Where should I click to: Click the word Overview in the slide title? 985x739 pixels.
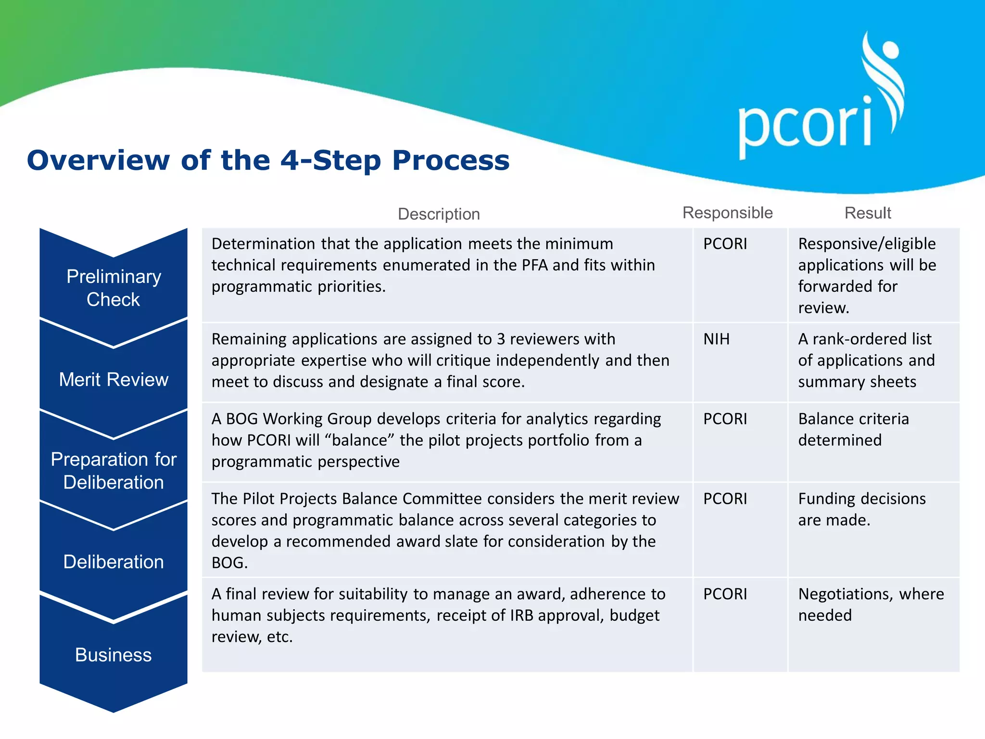98,160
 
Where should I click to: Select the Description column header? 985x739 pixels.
439,214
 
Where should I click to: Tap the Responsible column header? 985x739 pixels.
727,213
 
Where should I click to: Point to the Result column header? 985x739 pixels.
868,213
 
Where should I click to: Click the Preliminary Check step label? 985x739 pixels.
114,288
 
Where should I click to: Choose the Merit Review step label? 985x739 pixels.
114,380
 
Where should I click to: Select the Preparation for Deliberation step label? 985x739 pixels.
114,471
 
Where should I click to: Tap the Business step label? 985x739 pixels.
114,655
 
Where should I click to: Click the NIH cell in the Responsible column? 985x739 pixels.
716,339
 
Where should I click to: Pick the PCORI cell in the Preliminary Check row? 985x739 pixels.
725,244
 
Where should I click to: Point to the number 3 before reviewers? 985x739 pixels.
501,339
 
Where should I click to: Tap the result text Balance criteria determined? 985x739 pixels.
853,430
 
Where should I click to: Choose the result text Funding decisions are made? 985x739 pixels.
861,510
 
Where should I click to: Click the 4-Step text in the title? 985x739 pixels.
330,160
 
